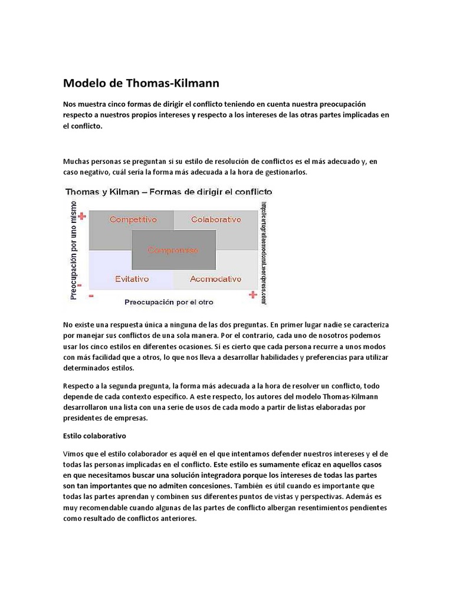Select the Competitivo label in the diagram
tap(133, 219)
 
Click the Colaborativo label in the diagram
tap(216, 219)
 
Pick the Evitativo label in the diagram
tap(132, 278)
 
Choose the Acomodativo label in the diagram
tap(216, 278)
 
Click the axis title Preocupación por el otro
tap(169, 301)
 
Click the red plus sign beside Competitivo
tap(82, 216)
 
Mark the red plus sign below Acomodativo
tap(253, 294)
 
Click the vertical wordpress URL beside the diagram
tap(264, 252)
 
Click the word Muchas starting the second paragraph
tap(77, 162)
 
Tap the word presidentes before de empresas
tap(85, 418)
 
